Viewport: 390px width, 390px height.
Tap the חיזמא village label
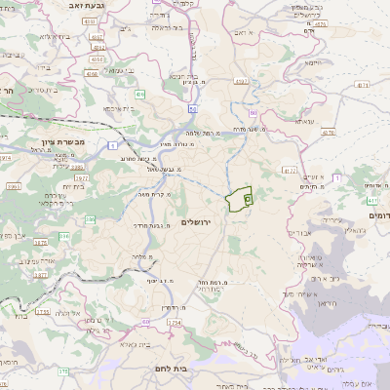(x=312, y=61)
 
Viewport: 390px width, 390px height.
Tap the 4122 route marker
(x=289, y=170)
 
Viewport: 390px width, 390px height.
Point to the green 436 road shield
(x=139, y=95)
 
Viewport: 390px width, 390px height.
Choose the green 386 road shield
(x=63, y=235)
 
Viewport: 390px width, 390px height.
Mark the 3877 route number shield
(x=41, y=276)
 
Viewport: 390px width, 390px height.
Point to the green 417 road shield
(x=372, y=201)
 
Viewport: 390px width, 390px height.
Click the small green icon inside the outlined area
(x=247, y=199)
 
